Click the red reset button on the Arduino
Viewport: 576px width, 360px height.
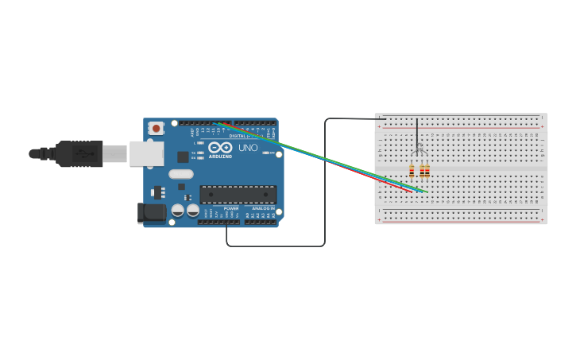pos(157,127)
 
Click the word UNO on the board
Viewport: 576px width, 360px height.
pos(248,148)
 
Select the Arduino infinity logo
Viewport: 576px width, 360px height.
pos(220,147)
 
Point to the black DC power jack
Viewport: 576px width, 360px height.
pos(151,212)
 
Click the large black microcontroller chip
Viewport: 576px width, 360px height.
pos(238,194)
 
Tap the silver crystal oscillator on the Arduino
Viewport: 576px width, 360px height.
pos(181,174)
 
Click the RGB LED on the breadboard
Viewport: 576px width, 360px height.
pos(419,150)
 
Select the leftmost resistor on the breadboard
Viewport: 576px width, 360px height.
pos(412,171)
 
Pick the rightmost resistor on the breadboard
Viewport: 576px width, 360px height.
pos(427,171)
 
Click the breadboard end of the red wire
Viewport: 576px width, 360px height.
pos(412,192)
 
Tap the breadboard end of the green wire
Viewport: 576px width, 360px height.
pos(427,192)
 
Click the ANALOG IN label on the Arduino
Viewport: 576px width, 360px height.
pos(263,208)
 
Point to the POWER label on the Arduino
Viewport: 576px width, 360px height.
pos(230,208)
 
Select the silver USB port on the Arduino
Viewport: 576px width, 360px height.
pos(146,153)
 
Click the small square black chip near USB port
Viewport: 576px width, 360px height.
pos(183,157)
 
